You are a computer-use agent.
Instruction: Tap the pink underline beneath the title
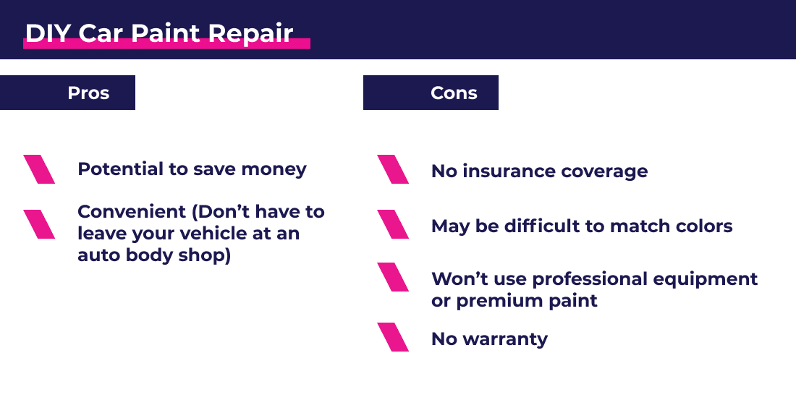tap(166, 45)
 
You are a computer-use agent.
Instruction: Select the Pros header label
tap(88, 93)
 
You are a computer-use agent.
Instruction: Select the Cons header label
tap(454, 93)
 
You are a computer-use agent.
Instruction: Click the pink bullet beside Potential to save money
tap(39, 169)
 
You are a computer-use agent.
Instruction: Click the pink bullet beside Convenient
tap(39, 224)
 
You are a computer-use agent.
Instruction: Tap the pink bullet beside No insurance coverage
tap(393, 169)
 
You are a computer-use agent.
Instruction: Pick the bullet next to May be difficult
tap(393, 224)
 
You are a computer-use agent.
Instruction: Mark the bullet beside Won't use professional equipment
tap(393, 277)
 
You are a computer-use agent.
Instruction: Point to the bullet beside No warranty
tap(393, 337)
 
